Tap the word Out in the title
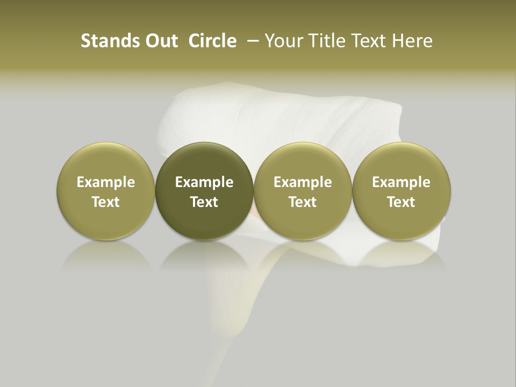click(160, 41)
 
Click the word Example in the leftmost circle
click(106, 182)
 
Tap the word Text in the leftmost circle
click(106, 202)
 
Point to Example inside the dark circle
click(204, 182)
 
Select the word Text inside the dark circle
click(204, 202)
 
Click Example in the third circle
click(303, 182)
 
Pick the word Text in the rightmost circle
click(402, 202)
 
